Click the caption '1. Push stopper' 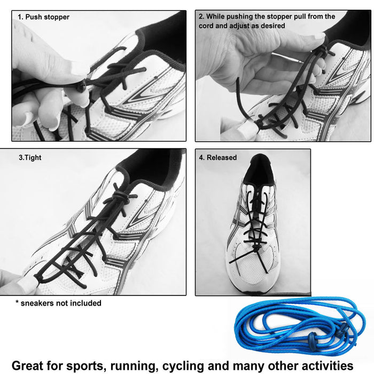pyautogui.click(x=43, y=17)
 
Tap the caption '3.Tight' pyautogui.click(x=30, y=158)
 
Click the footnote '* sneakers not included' pyautogui.click(x=58, y=303)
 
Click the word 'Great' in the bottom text pyautogui.click(x=32, y=365)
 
